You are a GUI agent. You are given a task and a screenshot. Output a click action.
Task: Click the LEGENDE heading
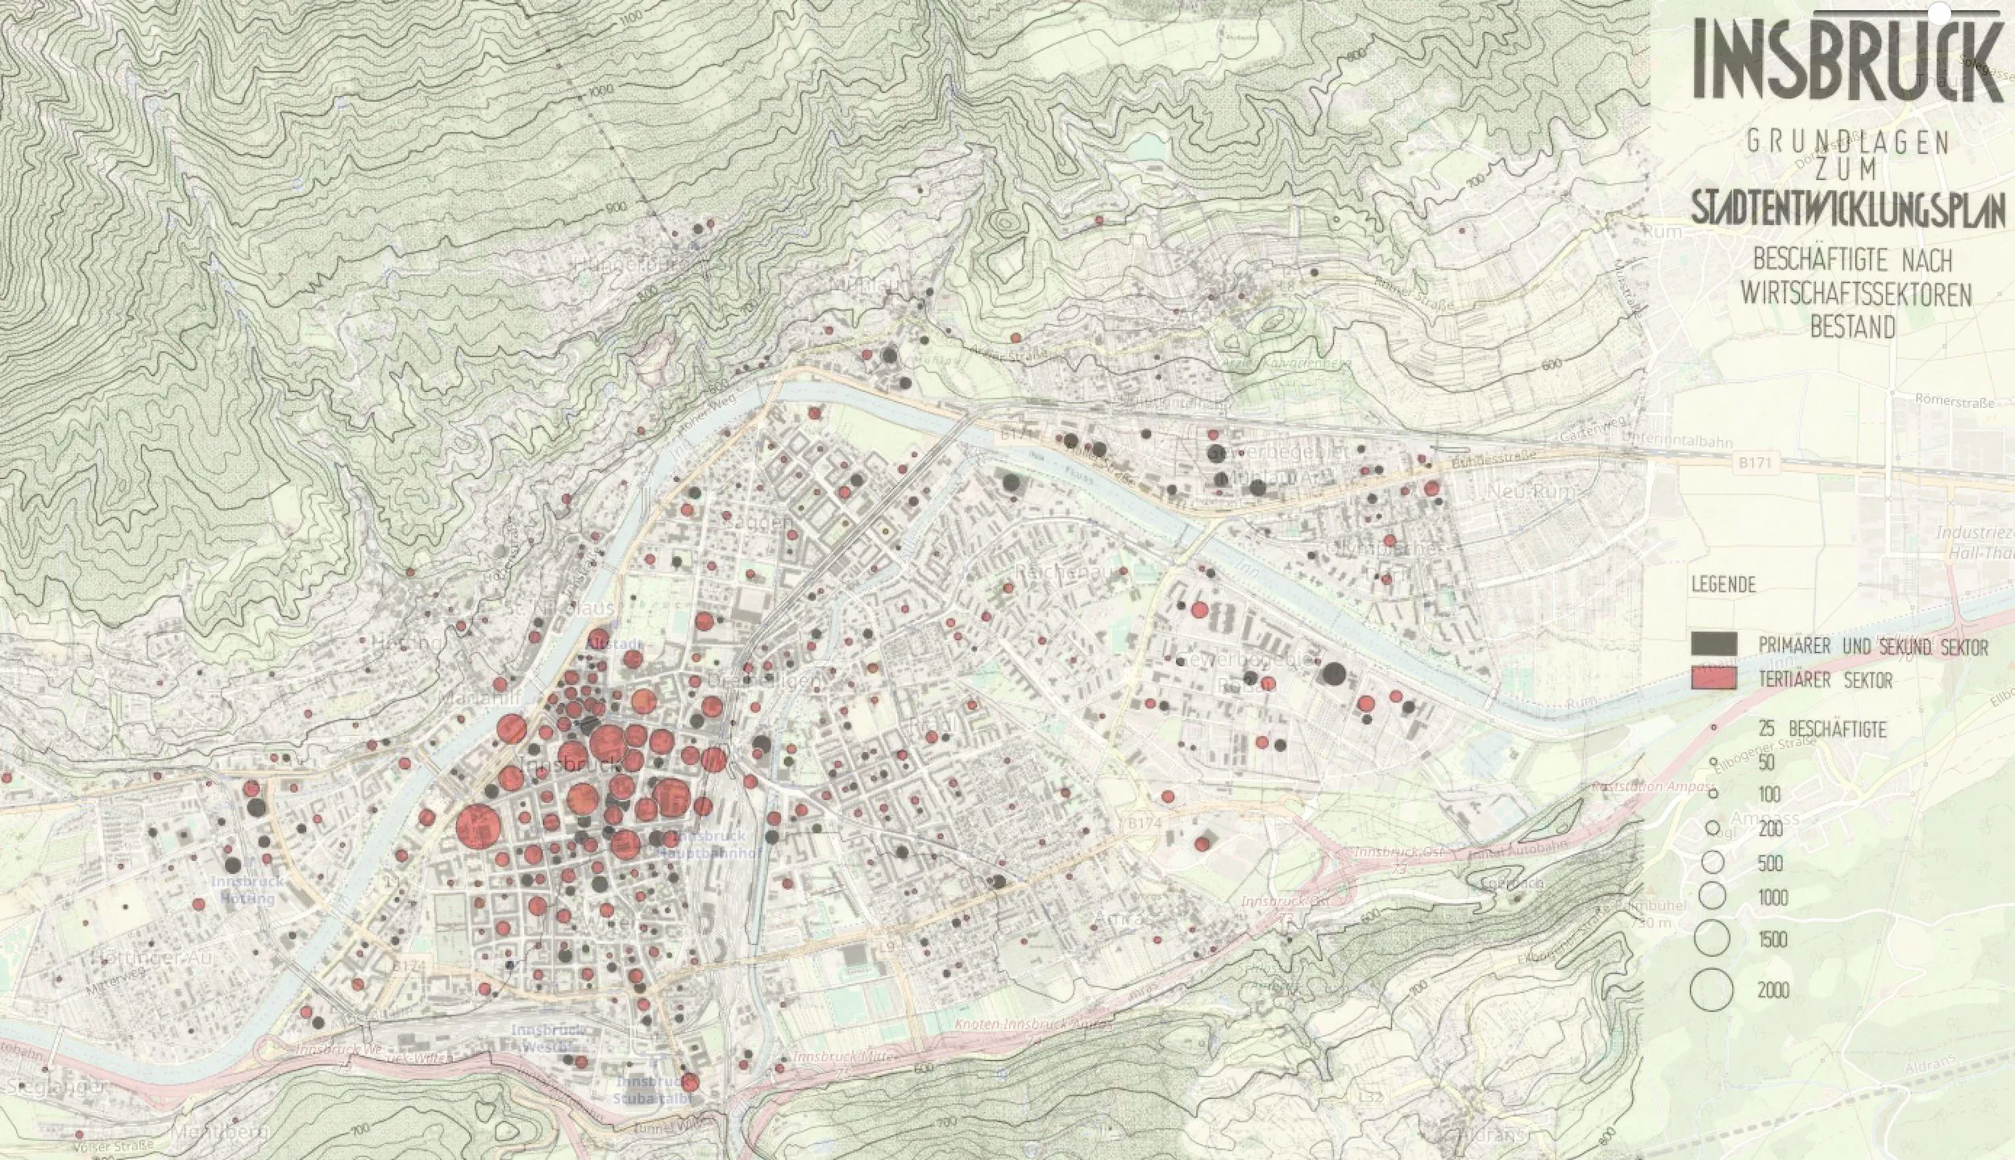coord(1723,584)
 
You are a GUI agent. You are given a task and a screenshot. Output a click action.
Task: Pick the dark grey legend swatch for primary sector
coord(1714,643)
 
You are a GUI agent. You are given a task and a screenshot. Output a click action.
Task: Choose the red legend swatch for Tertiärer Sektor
coord(1714,679)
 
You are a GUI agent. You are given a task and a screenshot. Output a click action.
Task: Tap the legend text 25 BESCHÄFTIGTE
coord(1822,730)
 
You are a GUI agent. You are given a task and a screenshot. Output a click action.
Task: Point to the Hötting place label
coord(395,643)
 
